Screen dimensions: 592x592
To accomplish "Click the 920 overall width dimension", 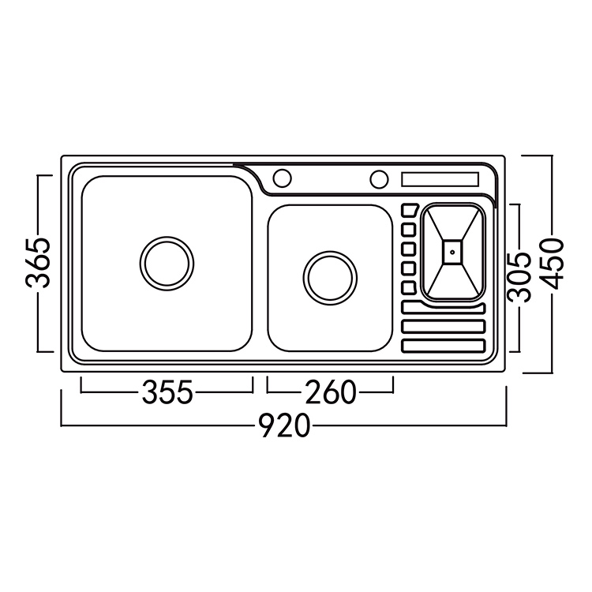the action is point(286,425).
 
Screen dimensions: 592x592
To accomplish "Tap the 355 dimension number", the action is point(167,392).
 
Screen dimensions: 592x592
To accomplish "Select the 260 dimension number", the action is point(331,392).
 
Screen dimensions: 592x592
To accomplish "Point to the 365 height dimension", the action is point(38,263).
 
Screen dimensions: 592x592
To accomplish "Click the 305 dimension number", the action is point(519,278).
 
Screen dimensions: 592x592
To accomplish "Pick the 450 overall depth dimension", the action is point(551,264).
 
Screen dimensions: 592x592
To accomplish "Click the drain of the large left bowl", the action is point(167,264).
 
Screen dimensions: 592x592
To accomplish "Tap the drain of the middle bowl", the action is point(330,278).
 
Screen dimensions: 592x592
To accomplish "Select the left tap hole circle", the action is point(282,178).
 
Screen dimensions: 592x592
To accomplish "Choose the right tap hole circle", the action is point(379,178).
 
